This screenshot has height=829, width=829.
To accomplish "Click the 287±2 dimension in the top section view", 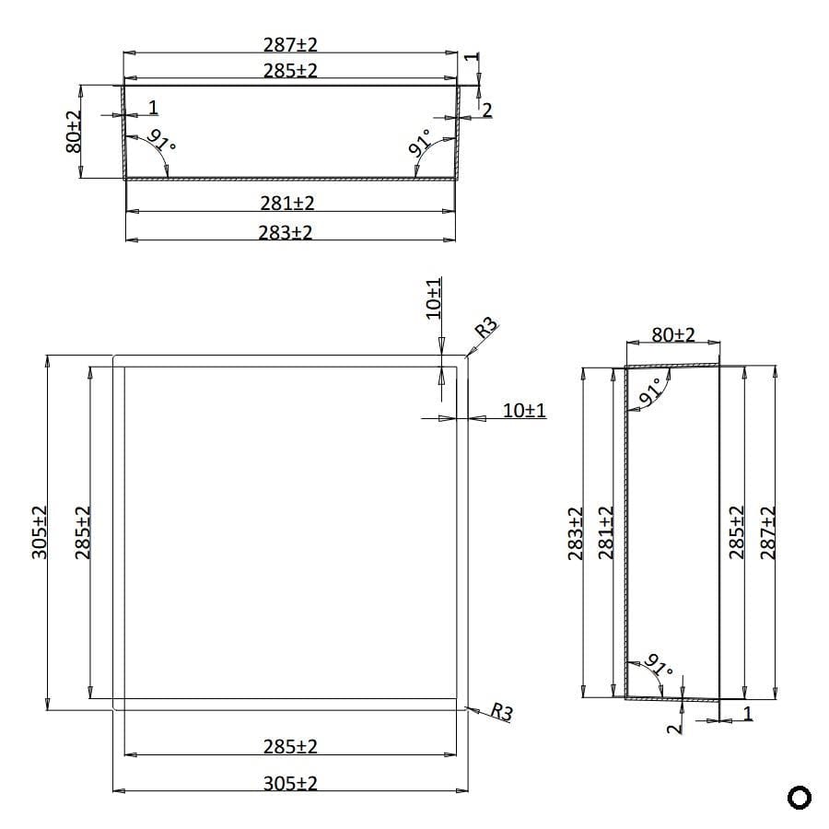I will point(290,43).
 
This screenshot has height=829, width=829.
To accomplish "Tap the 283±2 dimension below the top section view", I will point(286,233).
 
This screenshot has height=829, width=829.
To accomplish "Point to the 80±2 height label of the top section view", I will point(74,132).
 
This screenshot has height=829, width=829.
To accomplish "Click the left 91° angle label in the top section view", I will point(161,141).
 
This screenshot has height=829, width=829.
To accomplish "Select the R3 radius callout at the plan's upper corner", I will point(485,328).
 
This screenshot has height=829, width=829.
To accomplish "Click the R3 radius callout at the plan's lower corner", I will point(501,712).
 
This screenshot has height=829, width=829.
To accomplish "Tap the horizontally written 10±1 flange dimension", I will point(524,411).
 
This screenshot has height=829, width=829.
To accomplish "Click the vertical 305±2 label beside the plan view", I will point(41,533).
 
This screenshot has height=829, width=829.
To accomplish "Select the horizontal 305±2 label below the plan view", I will point(290,783).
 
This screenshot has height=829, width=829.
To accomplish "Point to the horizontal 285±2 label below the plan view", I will point(290,746).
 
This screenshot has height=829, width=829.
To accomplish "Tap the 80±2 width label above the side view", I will point(673,334).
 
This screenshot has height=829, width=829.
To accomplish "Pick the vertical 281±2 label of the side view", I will point(605,533).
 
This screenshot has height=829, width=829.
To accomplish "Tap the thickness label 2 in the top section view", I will point(487,110).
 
